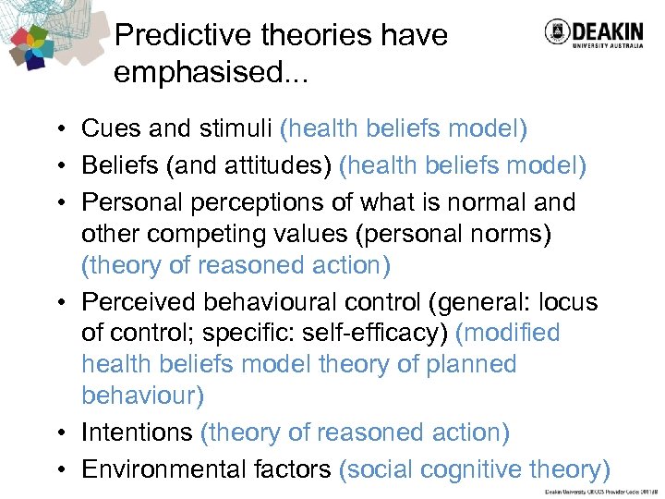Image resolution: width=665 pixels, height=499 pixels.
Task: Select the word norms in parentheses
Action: pyautogui.click(x=508, y=234)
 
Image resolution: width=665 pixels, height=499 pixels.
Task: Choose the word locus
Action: pyautogui.click(x=566, y=302)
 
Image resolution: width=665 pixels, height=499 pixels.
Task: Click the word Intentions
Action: pyautogui.click(x=136, y=432)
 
